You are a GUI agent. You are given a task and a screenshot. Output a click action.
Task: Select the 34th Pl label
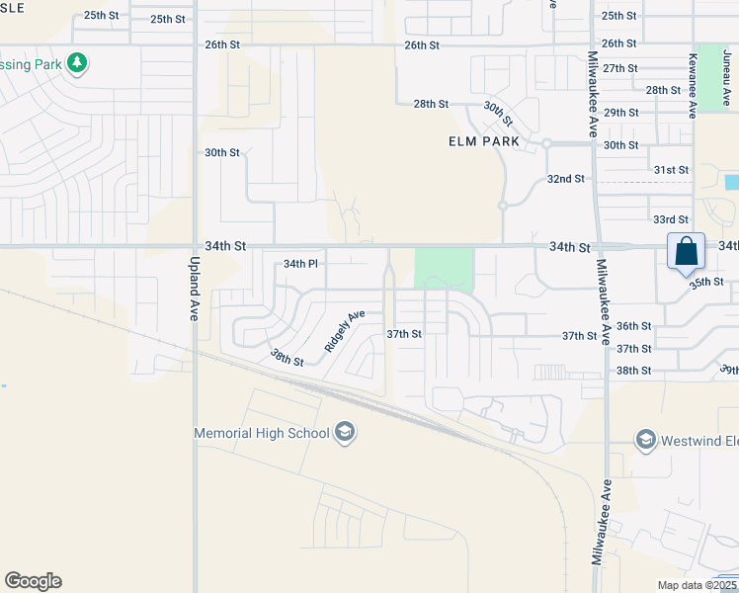(300, 264)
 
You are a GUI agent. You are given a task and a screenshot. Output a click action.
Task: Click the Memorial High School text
(262, 433)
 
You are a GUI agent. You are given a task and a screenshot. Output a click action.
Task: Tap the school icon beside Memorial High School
(345, 432)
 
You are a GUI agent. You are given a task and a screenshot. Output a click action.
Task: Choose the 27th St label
(619, 67)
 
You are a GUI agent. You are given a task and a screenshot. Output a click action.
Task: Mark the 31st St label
(671, 170)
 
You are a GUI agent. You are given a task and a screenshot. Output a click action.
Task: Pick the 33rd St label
(671, 219)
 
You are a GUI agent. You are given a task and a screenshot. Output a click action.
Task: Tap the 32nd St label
(566, 179)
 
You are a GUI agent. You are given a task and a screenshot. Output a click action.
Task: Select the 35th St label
(706, 282)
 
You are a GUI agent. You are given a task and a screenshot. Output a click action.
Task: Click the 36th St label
(633, 326)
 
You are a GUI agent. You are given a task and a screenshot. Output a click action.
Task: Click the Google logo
(33, 581)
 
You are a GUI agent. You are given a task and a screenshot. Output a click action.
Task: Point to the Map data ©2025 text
(698, 585)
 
